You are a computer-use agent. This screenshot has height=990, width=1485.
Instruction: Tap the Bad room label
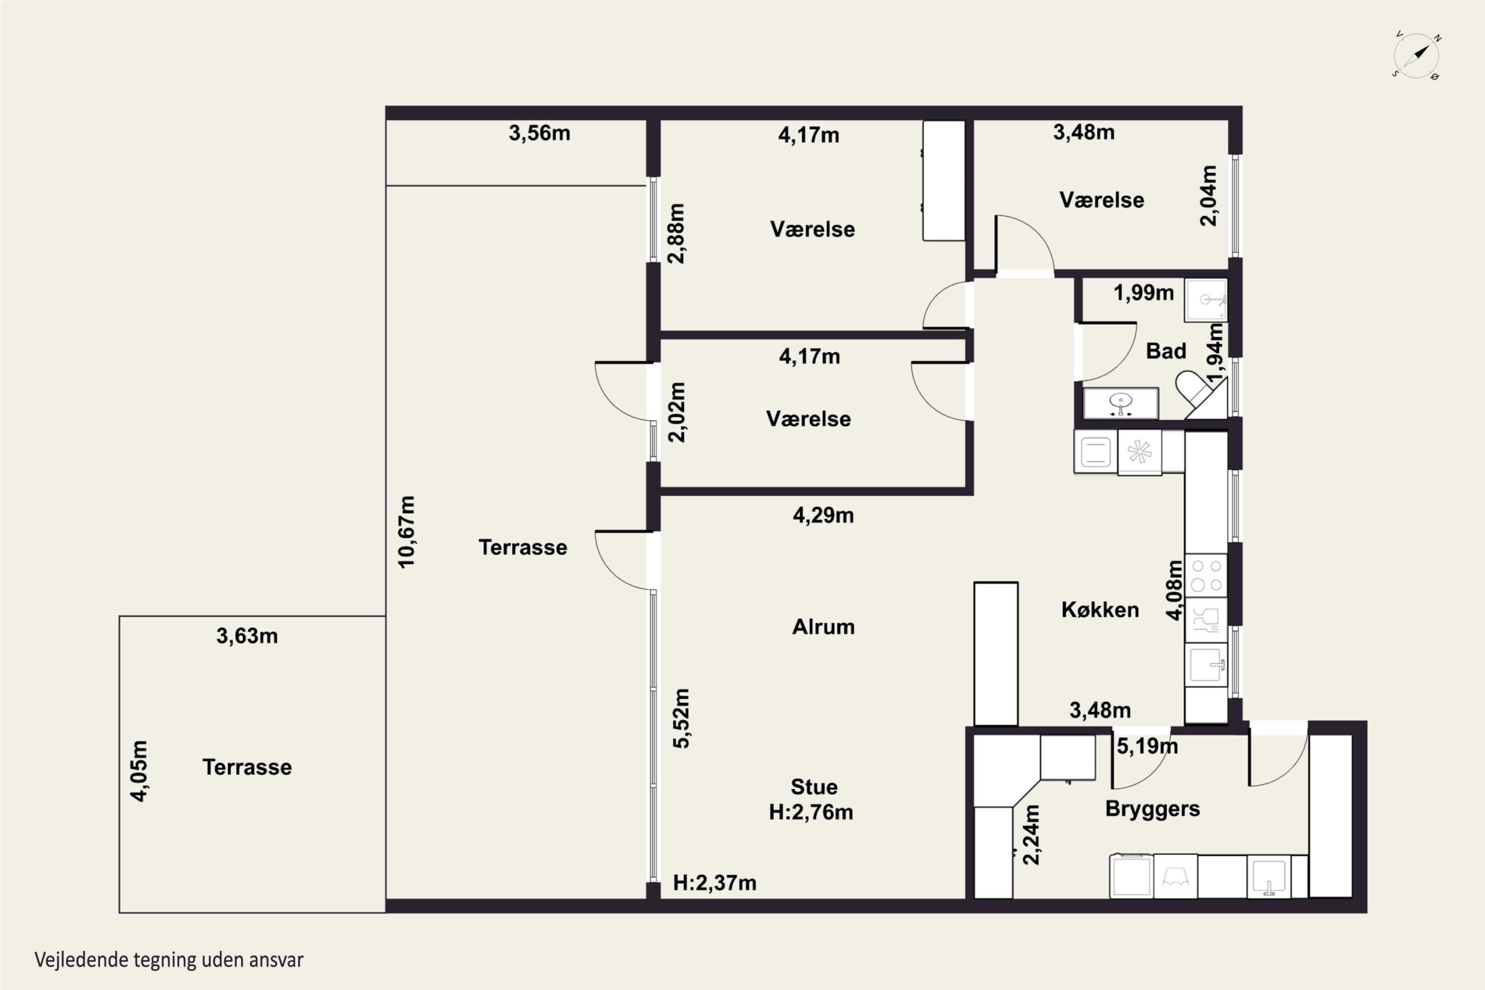pos(1166,351)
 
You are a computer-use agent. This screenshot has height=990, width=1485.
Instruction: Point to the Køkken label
pos(1100,609)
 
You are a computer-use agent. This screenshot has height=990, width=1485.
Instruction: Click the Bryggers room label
pos(1152,809)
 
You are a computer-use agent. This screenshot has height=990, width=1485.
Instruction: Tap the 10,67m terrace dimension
pos(406,532)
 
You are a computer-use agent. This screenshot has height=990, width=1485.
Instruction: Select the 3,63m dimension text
pos(247,636)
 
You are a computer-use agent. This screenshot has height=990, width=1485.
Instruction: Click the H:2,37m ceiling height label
pos(715,882)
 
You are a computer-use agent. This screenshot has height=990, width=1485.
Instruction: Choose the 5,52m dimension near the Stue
pos(681,719)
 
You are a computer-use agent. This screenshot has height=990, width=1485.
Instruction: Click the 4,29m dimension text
pos(823,515)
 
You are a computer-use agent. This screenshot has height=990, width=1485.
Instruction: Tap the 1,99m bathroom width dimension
pos(1143,293)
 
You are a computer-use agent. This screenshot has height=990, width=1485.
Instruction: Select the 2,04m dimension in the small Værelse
pos(1208,196)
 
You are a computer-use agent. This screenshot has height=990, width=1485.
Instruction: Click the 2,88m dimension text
pos(676,233)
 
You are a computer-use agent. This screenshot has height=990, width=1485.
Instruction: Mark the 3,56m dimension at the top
pos(540,133)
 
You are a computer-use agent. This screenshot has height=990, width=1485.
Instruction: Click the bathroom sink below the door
pos(1121,403)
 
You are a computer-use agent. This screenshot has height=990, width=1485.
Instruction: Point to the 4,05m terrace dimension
pos(139,771)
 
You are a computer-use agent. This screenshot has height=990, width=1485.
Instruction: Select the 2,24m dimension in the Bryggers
pos(1031,835)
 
